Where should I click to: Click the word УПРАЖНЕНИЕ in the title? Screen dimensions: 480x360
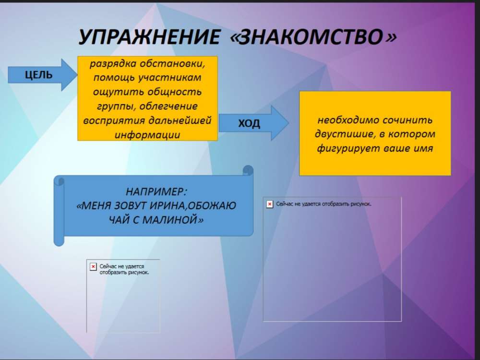pos(149,37)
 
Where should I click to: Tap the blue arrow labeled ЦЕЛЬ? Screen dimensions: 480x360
pos(43,75)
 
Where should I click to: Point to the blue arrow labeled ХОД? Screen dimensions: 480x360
pos(254,123)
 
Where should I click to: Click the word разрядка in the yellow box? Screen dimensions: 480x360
pos(113,64)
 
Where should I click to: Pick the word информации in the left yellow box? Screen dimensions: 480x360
pos(147,135)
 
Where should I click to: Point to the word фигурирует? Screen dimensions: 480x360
pos(347,148)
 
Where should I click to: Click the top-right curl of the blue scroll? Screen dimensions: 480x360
pos(248,170)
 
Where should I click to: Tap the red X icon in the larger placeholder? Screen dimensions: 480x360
pos(270,204)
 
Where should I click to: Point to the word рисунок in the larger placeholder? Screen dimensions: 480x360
pos(361,204)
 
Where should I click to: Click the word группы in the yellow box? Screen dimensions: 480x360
pos(116,107)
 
